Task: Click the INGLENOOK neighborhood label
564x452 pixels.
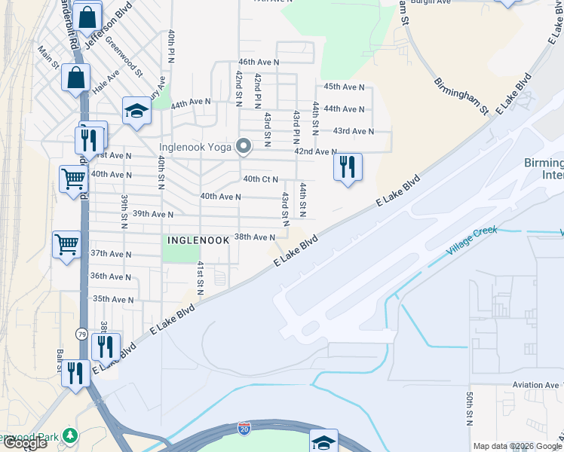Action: click(197, 240)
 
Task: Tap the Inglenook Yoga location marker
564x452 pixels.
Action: click(244, 147)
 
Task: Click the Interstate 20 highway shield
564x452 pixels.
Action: click(244, 429)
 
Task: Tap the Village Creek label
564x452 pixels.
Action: click(472, 240)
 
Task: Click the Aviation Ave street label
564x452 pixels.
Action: click(535, 384)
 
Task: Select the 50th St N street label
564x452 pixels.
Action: click(469, 408)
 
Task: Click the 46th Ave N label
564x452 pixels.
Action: click(259, 62)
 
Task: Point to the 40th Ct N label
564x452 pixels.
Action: click(261, 179)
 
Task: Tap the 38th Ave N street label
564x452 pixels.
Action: click(255, 237)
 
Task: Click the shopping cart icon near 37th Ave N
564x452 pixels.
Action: click(66, 243)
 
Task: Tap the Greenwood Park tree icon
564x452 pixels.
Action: click(70, 436)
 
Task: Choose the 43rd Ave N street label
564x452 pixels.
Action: click(354, 131)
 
